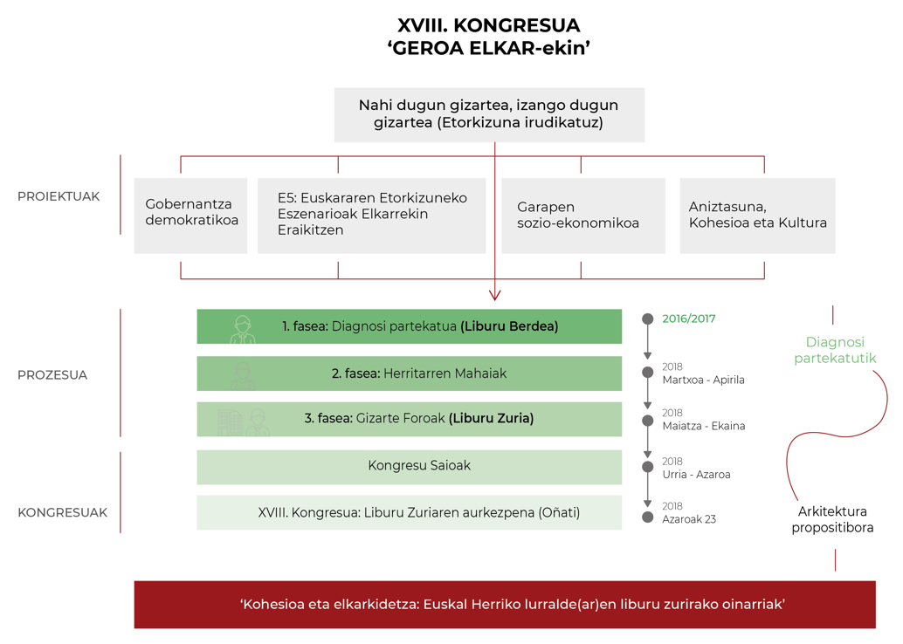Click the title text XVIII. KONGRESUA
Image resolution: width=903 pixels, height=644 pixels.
pos(488,25)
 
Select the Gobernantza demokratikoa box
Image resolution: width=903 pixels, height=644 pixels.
pos(190,216)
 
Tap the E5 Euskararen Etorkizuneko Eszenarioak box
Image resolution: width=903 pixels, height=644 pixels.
pos(371,216)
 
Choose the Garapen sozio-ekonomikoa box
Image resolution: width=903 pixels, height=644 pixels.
pos(583,216)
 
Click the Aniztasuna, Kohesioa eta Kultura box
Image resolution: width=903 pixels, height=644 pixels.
pos(757,216)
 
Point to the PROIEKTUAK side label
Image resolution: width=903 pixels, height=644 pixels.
pos(59,197)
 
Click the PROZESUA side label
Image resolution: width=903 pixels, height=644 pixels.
pos(52,375)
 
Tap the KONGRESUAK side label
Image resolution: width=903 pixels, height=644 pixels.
pos(63,513)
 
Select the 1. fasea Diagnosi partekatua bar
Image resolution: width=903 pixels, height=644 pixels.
pos(410,326)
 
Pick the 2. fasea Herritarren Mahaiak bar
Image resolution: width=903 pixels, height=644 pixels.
pos(410,373)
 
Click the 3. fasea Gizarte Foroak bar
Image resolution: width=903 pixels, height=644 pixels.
pos(410,419)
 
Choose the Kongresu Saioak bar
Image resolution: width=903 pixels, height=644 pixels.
pos(410,467)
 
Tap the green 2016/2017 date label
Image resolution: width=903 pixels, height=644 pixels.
pos(689,319)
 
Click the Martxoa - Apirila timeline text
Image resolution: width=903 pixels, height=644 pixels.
pos(703,380)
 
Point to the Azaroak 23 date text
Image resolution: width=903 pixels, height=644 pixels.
pos(689,519)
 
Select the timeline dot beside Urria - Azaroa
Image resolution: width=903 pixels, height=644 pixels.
pos(648,467)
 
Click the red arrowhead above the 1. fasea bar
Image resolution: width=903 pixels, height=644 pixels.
pos(494,295)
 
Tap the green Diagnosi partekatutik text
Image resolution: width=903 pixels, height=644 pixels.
pos(835,350)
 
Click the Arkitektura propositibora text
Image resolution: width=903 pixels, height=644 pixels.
pos(832,520)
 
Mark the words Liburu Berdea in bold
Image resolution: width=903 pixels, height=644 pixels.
pos(509,326)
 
